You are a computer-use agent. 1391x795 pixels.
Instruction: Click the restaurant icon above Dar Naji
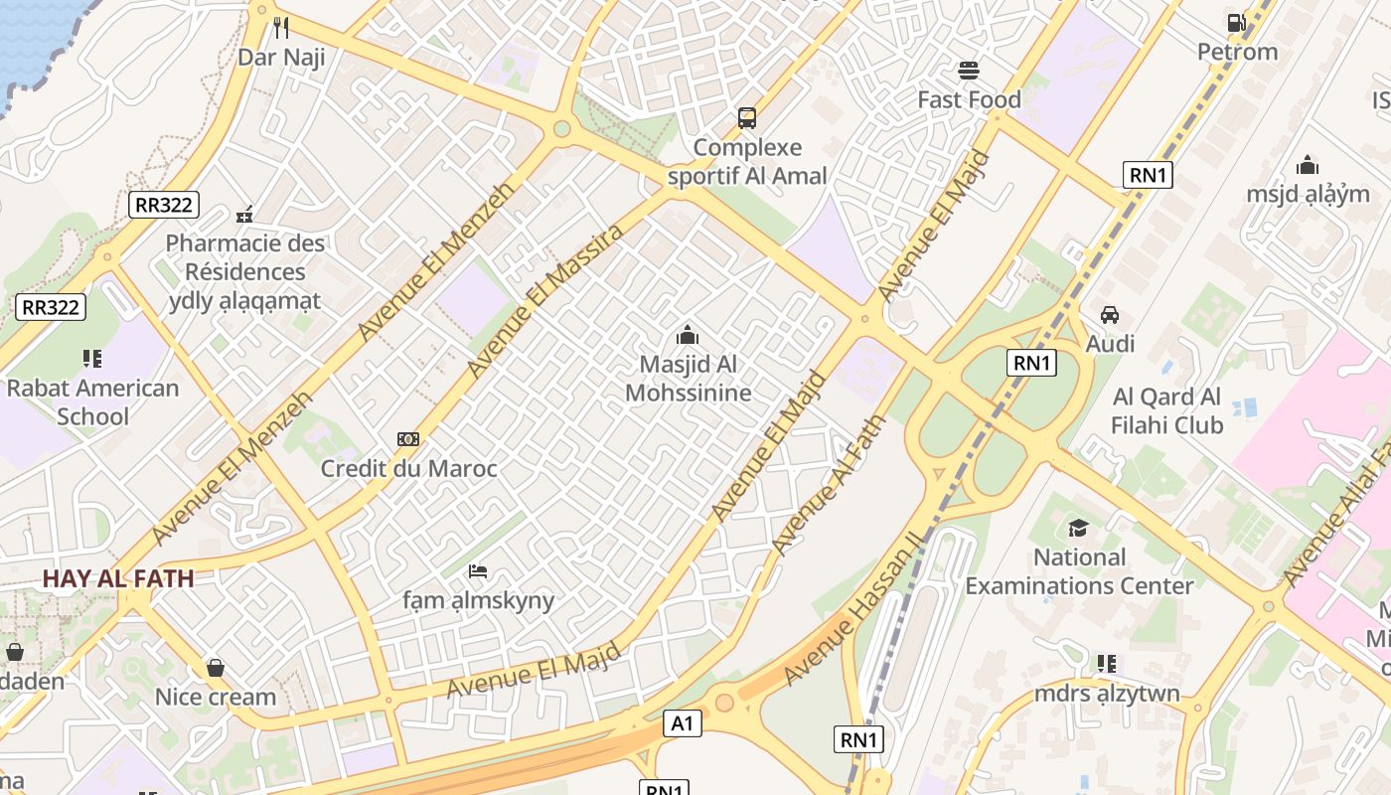click(281, 27)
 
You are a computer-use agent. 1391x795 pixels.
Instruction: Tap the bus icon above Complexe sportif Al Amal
click(747, 118)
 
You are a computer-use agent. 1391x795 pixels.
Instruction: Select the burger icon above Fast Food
click(969, 71)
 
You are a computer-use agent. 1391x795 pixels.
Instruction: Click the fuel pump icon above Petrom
click(1236, 22)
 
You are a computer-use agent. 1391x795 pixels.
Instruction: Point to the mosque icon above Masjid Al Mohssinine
click(688, 335)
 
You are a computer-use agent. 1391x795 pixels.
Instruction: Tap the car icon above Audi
click(1110, 315)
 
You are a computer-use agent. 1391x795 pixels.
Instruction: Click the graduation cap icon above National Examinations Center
click(1079, 528)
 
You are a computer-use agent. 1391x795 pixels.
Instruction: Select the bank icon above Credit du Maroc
click(408, 439)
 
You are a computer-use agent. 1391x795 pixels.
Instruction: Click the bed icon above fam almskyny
click(478, 571)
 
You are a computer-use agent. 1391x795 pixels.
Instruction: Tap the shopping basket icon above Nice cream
click(216, 668)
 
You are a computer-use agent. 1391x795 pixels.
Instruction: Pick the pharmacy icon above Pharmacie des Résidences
click(244, 214)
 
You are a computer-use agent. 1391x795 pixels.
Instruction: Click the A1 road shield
click(682, 723)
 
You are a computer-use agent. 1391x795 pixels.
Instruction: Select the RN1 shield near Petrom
click(1148, 176)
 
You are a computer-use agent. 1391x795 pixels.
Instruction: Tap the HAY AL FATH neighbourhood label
click(118, 578)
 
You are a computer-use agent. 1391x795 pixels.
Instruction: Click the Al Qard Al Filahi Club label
click(1167, 410)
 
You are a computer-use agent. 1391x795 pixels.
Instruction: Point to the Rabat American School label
click(92, 401)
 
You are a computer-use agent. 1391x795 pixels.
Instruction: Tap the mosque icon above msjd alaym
click(1308, 165)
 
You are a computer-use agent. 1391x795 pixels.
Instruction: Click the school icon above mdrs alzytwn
click(1107, 663)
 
